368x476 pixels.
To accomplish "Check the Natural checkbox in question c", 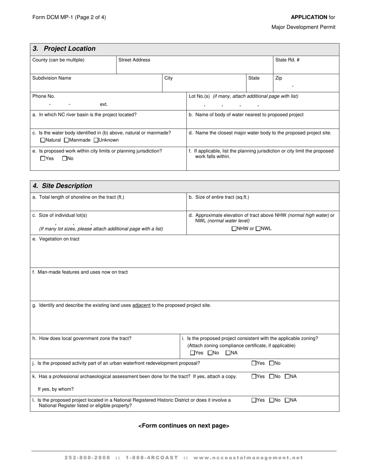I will (43, 140).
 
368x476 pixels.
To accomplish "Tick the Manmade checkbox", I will (66, 140).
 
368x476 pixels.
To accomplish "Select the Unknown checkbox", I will (96, 140).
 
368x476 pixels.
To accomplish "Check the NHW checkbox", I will (234, 229).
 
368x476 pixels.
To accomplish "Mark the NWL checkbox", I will (258, 229).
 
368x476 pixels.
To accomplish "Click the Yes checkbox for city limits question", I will (43, 158).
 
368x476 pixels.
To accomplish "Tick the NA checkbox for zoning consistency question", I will (228, 353).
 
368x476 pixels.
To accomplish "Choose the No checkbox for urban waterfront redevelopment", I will (272, 363).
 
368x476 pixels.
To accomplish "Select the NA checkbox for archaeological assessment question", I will (287, 377).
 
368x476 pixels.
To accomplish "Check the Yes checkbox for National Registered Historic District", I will (254, 401).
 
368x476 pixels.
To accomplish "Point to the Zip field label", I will (279, 78).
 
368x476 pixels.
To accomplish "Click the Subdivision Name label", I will (52, 78).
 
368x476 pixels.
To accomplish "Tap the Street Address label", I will (134, 60).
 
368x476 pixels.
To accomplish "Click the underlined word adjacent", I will (141, 305).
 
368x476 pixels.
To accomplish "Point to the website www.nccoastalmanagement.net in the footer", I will (248, 458).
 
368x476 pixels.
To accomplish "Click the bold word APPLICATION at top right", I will (309, 17).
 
